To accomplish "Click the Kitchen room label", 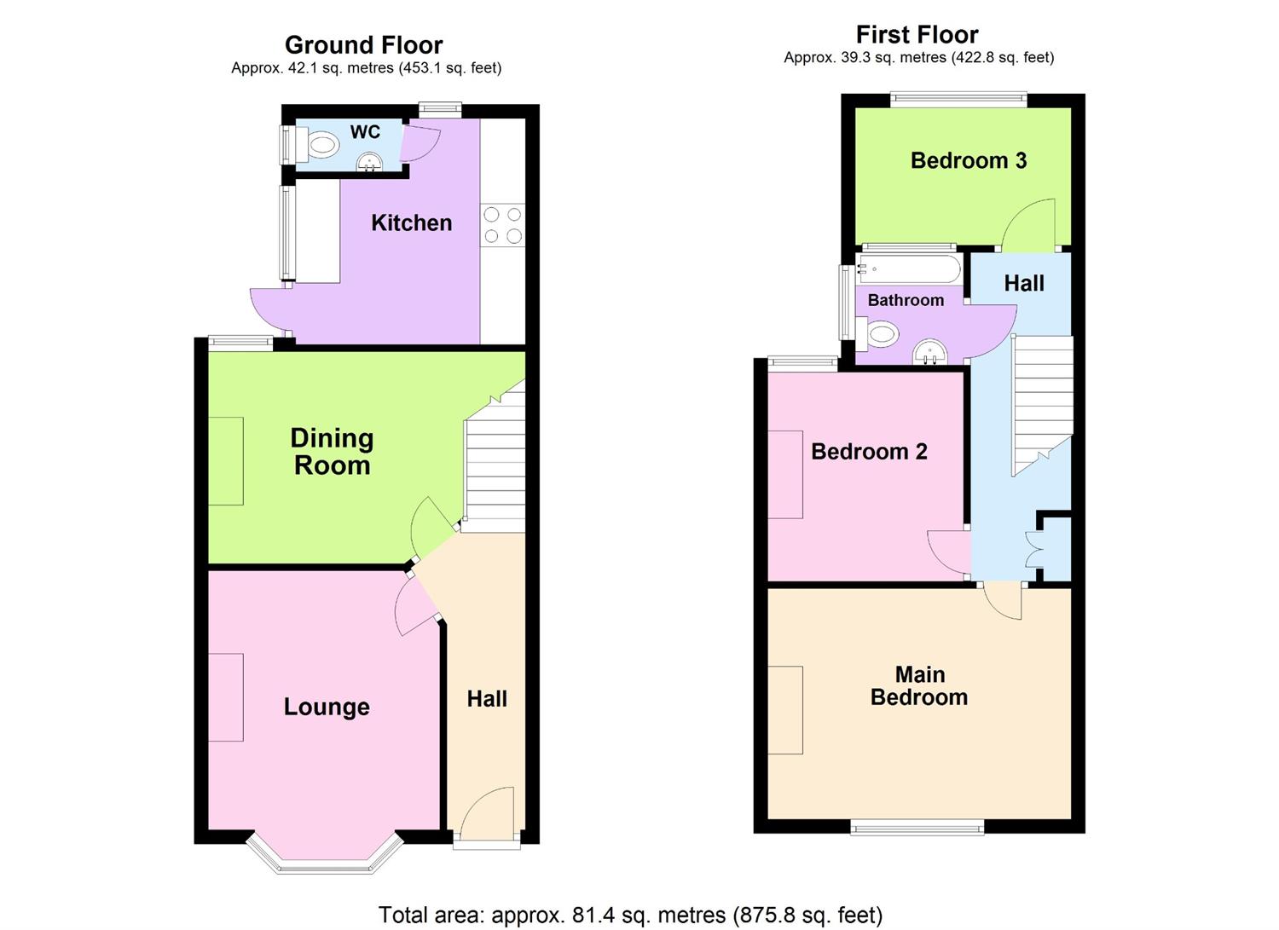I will tap(411, 223).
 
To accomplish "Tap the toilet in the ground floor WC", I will tap(319, 146).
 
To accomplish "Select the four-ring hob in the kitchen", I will tap(502, 225).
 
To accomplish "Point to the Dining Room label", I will tap(332, 452).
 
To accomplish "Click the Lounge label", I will tap(327, 707).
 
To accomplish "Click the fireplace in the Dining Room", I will tap(226, 460).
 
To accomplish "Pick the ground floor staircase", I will tap(495, 465).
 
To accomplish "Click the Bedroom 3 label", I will tap(968, 160).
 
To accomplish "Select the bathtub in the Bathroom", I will tap(910, 269).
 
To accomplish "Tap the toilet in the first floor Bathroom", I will tap(879, 333).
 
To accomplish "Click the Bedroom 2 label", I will tap(869, 452).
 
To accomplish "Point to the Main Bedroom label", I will tap(919, 686).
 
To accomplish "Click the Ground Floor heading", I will tap(364, 44).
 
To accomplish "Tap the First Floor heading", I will tap(917, 35).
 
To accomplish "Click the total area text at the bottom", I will tap(630, 915).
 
